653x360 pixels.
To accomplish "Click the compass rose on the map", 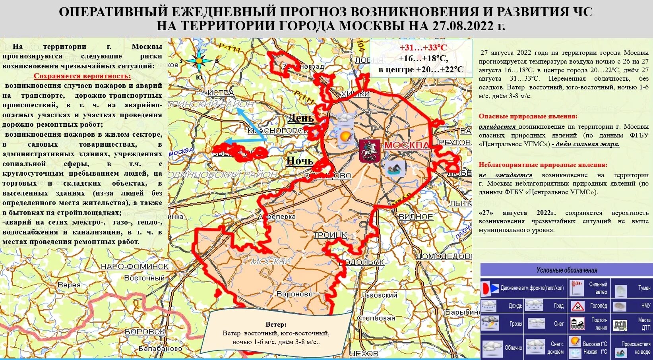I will [199, 61].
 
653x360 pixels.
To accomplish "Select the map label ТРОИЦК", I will [330, 235].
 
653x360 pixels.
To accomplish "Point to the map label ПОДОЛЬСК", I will [362, 262].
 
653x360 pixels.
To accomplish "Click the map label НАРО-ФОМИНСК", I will [135, 267].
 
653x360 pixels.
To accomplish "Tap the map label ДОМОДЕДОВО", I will [444, 256].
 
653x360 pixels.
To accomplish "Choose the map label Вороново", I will [295, 294].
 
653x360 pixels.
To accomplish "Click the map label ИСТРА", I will [221, 93].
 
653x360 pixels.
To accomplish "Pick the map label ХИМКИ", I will [355, 94].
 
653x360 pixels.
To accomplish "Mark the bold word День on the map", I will [300, 118].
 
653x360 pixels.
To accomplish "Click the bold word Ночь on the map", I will [300, 161].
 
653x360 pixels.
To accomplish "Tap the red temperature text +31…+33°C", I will [423, 48].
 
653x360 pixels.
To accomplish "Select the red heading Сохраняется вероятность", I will [82, 76].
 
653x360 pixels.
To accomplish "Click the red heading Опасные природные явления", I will [528, 116].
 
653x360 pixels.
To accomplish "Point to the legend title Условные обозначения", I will [567, 270].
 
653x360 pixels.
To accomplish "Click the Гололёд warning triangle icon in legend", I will [577, 306].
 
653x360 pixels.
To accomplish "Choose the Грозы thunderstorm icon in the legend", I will [490, 323].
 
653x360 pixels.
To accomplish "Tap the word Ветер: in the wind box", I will [276, 325].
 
